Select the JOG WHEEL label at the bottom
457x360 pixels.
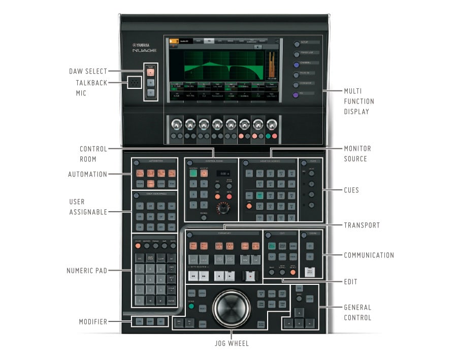click(x=231, y=344)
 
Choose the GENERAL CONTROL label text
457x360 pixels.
click(x=357, y=312)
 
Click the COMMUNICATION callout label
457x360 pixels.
click(x=369, y=255)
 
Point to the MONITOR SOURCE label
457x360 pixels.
click(x=357, y=153)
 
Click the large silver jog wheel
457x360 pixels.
click(x=232, y=308)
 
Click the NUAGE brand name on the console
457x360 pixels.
click(x=144, y=51)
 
